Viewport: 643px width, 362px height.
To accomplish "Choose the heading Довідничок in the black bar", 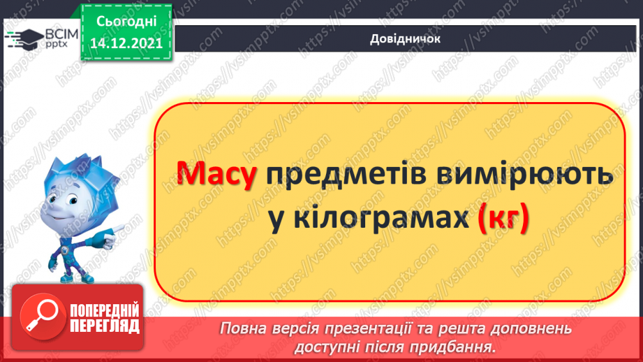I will [405, 39].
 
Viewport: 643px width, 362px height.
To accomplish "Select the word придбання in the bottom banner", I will [457, 347].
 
